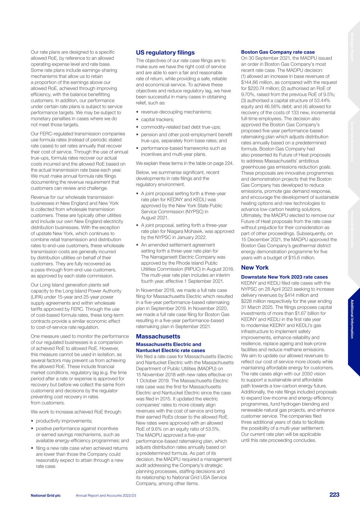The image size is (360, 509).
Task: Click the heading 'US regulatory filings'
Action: coord(165,53)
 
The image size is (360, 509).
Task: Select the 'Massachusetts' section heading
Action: coord(158,336)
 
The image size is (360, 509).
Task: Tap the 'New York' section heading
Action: coord(255,267)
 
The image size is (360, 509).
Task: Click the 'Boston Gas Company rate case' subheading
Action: coord(278,52)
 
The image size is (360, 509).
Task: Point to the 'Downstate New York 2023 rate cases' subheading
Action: coord(284,277)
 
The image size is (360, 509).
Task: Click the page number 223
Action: coord(334,494)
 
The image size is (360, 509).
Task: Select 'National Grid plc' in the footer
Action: coord(46,495)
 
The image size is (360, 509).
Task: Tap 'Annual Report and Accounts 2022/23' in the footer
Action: coord(106,495)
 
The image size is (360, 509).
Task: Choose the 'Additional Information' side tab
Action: coord(352,319)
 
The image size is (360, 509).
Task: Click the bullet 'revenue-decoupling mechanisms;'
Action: coord(176,112)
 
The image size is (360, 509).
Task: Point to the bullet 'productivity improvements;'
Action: coord(64,421)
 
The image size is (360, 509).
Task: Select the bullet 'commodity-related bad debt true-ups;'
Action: coord(181,127)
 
